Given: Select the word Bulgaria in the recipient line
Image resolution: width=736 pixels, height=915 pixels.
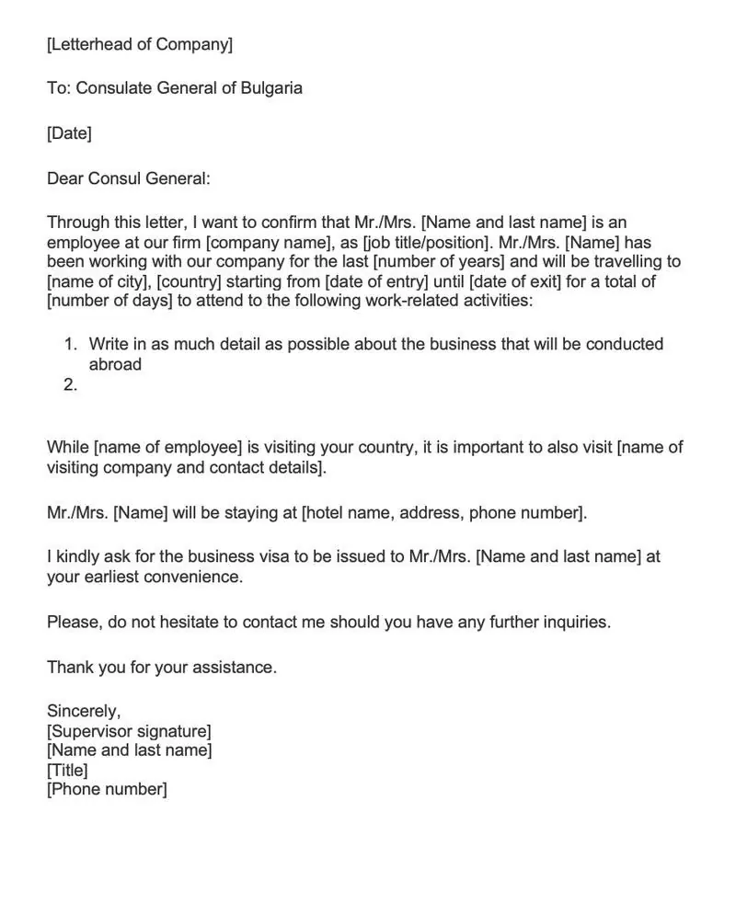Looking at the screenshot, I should [x=271, y=88].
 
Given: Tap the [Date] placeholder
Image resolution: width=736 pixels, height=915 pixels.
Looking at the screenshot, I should [x=69, y=133].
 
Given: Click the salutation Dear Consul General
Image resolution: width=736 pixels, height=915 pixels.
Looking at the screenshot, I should [x=129, y=178].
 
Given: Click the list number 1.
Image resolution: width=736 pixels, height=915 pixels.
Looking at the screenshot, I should [x=71, y=345].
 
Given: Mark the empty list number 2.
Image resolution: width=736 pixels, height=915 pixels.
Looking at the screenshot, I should [x=71, y=385].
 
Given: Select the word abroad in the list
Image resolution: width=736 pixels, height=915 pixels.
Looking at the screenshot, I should [x=115, y=364].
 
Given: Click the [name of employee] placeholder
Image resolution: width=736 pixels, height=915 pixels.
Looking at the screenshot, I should [x=167, y=448].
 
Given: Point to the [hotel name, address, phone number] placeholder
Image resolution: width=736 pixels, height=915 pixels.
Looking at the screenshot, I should [x=443, y=512].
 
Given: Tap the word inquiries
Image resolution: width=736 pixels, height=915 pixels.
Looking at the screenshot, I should [x=576, y=623].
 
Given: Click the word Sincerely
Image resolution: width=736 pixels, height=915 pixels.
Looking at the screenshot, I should [x=84, y=711].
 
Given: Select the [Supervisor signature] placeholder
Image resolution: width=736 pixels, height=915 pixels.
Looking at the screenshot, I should [x=129, y=731].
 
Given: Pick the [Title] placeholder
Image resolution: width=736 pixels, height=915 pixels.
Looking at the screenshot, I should [x=67, y=770].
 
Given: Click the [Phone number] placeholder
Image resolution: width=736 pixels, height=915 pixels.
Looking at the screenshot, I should [x=107, y=789].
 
